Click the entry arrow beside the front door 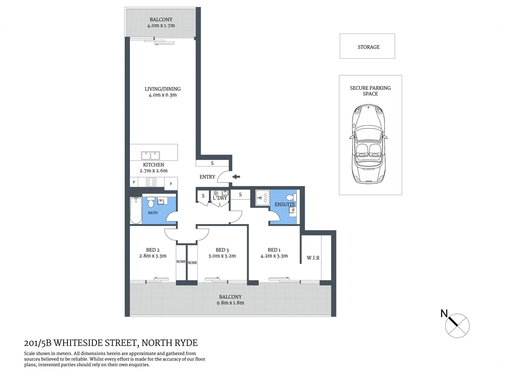[236, 177]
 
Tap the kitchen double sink [151, 156]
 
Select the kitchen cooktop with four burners [151, 182]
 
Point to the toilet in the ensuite [290, 198]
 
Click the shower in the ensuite [262, 198]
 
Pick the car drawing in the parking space [368, 144]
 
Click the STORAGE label [368, 47]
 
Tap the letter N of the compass [444, 314]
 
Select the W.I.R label [313, 258]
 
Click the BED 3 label [222, 250]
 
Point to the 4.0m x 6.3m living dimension [163, 95]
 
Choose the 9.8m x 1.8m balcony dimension [230, 303]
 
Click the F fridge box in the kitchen [171, 184]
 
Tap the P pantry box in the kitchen [134, 182]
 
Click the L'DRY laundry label [220, 198]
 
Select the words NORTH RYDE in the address [169, 343]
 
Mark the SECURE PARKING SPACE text [370, 91]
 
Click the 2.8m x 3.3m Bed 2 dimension [153, 256]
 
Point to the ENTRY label [207, 177]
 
